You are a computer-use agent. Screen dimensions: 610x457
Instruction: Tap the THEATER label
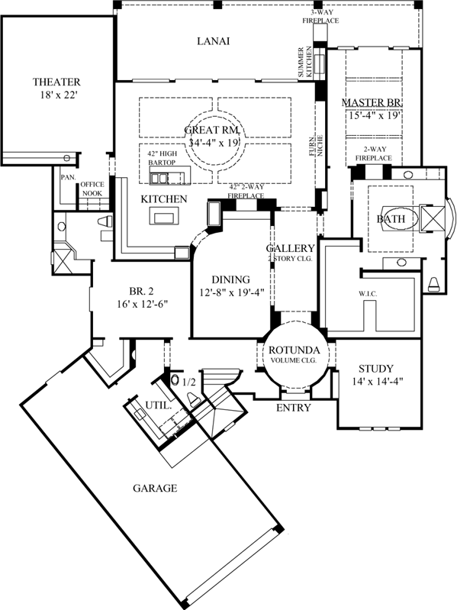click(x=56, y=82)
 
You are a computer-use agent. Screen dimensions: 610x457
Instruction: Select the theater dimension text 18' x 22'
click(x=56, y=96)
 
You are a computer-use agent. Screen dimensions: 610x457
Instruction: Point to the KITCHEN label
click(x=164, y=198)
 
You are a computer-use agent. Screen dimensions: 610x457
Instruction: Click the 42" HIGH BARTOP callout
click(x=164, y=157)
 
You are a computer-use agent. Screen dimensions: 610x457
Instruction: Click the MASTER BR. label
click(x=372, y=102)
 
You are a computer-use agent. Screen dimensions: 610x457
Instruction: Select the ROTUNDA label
click(x=294, y=350)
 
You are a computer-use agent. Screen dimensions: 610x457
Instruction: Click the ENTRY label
click(x=294, y=408)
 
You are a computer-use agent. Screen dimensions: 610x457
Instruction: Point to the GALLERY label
click(x=290, y=249)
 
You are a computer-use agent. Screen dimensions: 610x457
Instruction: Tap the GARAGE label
click(x=155, y=488)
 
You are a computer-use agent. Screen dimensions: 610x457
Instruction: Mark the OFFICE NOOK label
click(x=92, y=189)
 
